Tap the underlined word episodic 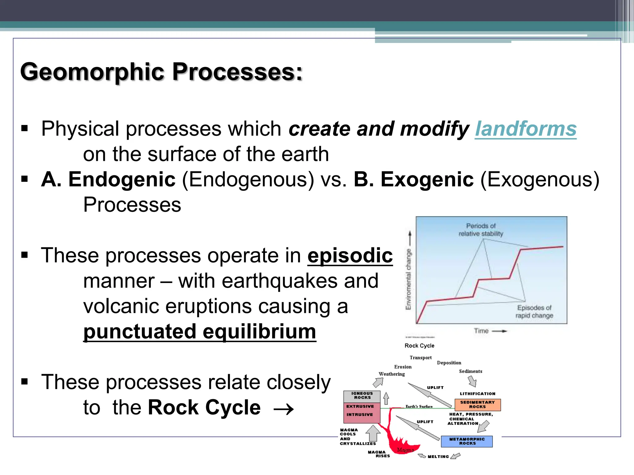coord(350,255)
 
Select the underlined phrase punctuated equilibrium coord(200,332)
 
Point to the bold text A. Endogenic coord(108,179)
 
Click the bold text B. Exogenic coord(413,179)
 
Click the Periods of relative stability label coord(480,230)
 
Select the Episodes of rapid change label coord(534,311)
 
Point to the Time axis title coord(481,331)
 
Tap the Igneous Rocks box coord(362,396)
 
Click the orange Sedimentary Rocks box coord(477,404)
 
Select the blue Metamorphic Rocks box coord(467,441)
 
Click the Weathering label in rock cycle coord(392,374)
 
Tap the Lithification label coord(477,394)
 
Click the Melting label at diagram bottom coord(438,456)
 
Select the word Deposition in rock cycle coord(449,363)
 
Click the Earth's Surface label coord(419,406)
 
